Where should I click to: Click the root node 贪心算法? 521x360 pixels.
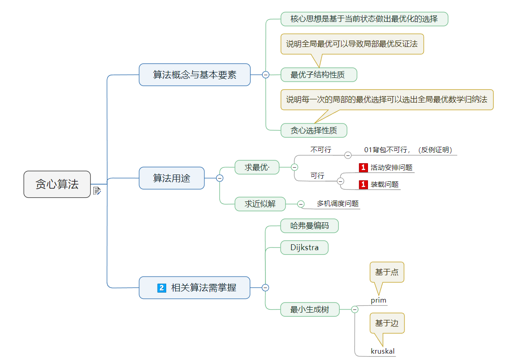(57, 184)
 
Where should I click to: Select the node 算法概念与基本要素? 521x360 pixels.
(194, 75)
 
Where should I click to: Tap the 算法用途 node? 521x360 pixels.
(171, 178)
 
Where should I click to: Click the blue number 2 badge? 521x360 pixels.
(161, 288)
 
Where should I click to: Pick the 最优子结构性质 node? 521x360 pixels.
(317, 75)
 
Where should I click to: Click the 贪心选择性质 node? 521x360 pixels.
(314, 130)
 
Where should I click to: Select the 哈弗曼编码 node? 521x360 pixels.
(309, 226)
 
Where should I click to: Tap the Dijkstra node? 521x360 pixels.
(304, 247)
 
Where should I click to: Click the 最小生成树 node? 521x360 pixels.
(309, 309)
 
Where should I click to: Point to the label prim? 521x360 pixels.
(378, 300)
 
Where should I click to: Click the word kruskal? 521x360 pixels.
(383, 351)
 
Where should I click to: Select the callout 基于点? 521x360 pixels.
(387, 272)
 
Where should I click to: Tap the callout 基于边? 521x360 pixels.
(387, 323)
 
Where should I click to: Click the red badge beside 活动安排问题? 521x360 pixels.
(363, 168)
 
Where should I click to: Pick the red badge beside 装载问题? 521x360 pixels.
(363, 185)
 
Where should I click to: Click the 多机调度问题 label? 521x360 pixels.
(337, 204)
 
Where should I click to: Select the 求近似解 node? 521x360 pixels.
(260, 204)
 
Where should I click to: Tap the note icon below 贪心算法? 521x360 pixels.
(97, 191)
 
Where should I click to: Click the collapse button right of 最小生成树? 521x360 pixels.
(355, 309)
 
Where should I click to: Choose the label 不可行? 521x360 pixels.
(321, 149)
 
